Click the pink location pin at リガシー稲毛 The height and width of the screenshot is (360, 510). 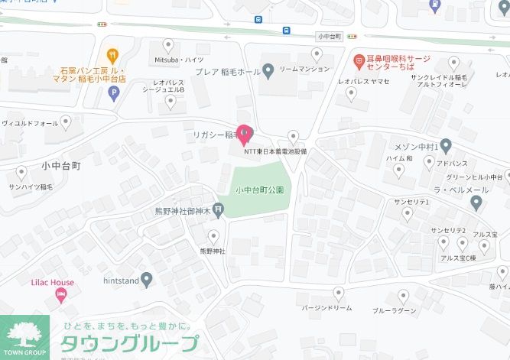(244, 134)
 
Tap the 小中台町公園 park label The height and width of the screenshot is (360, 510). (259, 190)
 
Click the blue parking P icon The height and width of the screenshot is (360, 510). (114, 94)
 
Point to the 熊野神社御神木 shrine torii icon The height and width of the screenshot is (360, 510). (219, 209)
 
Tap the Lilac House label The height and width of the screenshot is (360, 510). (53, 283)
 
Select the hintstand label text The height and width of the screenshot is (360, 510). (121, 281)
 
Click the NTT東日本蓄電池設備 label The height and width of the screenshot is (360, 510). (274, 151)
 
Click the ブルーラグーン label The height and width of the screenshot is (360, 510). (395, 311)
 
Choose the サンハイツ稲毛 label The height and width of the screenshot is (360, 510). (31, 186)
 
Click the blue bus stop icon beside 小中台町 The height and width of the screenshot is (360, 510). (286, 31)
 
